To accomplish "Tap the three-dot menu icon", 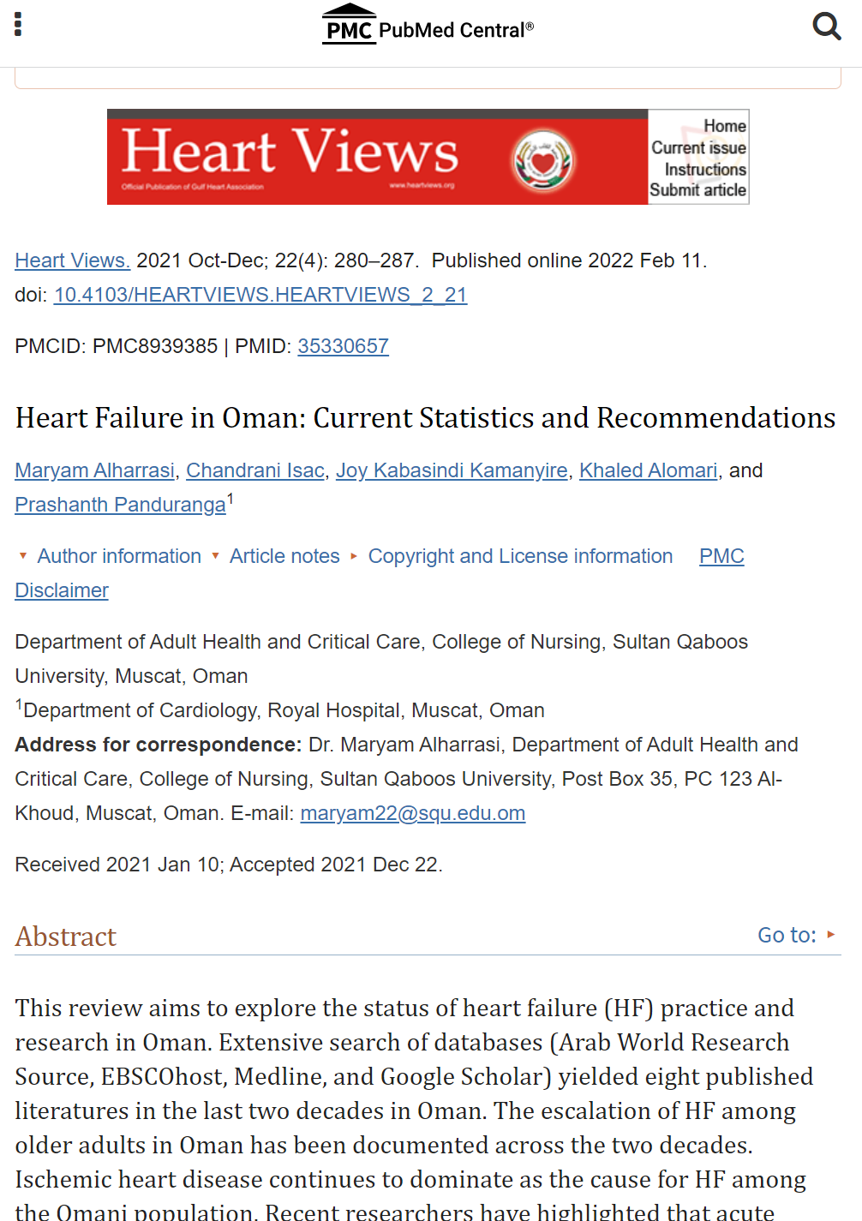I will point(18,24).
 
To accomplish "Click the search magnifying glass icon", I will point(826,26).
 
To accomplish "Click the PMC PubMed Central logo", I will point(428,25).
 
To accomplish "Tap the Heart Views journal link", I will point(72,260).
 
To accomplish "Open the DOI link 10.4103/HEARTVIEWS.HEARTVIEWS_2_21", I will point(260,295).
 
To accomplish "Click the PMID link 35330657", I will point(343,346).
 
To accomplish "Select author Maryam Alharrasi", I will point(95,470).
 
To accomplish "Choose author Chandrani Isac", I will point(255,470).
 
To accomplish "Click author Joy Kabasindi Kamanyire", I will point(452,470).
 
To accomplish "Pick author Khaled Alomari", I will point(648,470).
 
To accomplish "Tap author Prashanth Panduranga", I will point(120,505).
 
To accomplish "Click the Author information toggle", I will point(118,556).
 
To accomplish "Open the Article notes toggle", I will point(284,556).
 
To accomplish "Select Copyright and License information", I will point(519,556).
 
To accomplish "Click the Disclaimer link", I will point(62,590).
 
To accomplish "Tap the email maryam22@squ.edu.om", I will point(412,813).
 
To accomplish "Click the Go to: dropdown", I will point(795,935).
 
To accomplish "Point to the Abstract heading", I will point(66,937).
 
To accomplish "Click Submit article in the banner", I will point(697,190).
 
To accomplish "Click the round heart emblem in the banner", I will point(543,160).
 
